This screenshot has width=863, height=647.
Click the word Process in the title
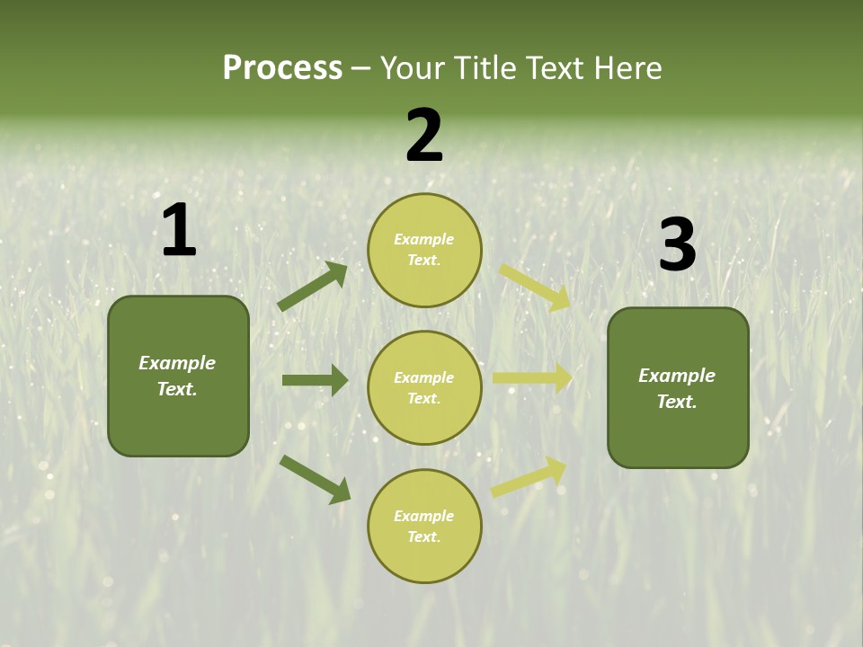(x=282, y=68)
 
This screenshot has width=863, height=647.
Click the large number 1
(x=179, y=231)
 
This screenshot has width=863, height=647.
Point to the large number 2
(x=424, y=137)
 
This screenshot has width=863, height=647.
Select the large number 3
(x=677, y=245)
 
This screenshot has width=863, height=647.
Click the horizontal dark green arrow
(x=315, y=380)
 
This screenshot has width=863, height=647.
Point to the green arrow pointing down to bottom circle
(x=315, y=478)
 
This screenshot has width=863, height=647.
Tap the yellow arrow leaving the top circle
(x=534, y=287)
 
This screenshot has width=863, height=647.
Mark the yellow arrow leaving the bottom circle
(x=529, y=476)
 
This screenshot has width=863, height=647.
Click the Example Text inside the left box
(x=177, y=376)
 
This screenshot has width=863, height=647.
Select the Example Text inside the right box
(x=677, y=388)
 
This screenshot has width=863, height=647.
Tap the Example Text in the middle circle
(x=424, y=387)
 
